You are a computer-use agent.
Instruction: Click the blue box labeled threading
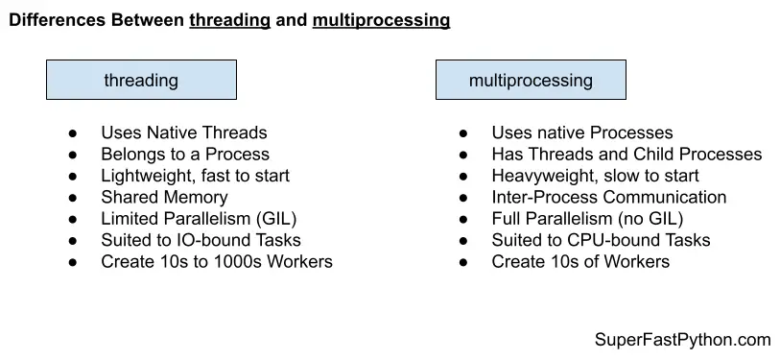[141, 80]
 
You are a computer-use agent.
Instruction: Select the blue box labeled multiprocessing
[531, 80]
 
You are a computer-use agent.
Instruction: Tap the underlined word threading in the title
[229, 19]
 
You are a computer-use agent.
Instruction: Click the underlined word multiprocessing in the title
[381, 19]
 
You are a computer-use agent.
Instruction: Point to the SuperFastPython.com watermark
[683, 340]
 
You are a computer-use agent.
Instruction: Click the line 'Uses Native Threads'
[183, 132]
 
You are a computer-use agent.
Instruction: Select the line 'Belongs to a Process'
[184, 154]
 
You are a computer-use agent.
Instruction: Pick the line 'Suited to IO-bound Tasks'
[201, 240]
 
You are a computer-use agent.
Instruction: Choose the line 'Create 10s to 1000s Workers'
[216, 261]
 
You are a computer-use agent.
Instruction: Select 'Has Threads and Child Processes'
[626, 154]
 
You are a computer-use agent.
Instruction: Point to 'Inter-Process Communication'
[609, 197]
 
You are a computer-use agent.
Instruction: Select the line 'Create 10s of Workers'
[580, 261]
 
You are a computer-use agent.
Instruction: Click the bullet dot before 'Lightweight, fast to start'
[73, 176]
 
